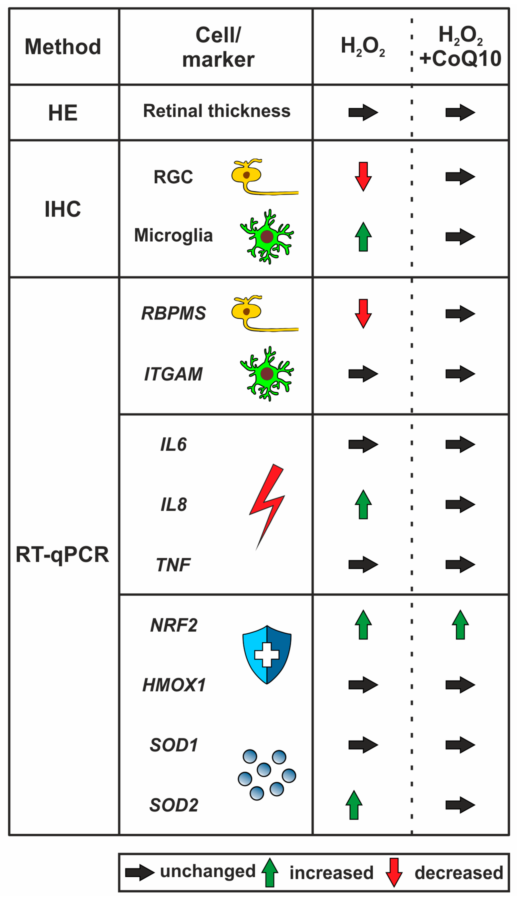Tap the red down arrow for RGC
pos(363,176)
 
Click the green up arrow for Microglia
pos(363,237)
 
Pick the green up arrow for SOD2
pos(354,805)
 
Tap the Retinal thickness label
pos(217,111)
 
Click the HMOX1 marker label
pos(174,685)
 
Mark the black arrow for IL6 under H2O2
pos(363,444)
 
